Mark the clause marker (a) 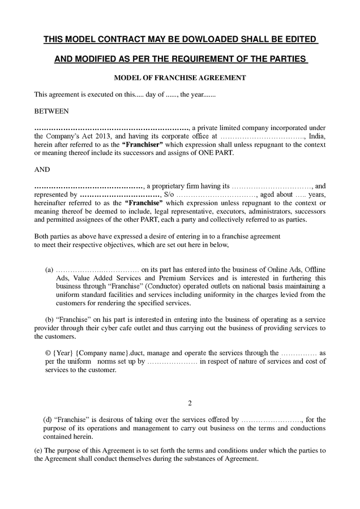(49, 270)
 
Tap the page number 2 (190, 403)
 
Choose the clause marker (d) (48, 420)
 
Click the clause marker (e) (38, 450)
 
